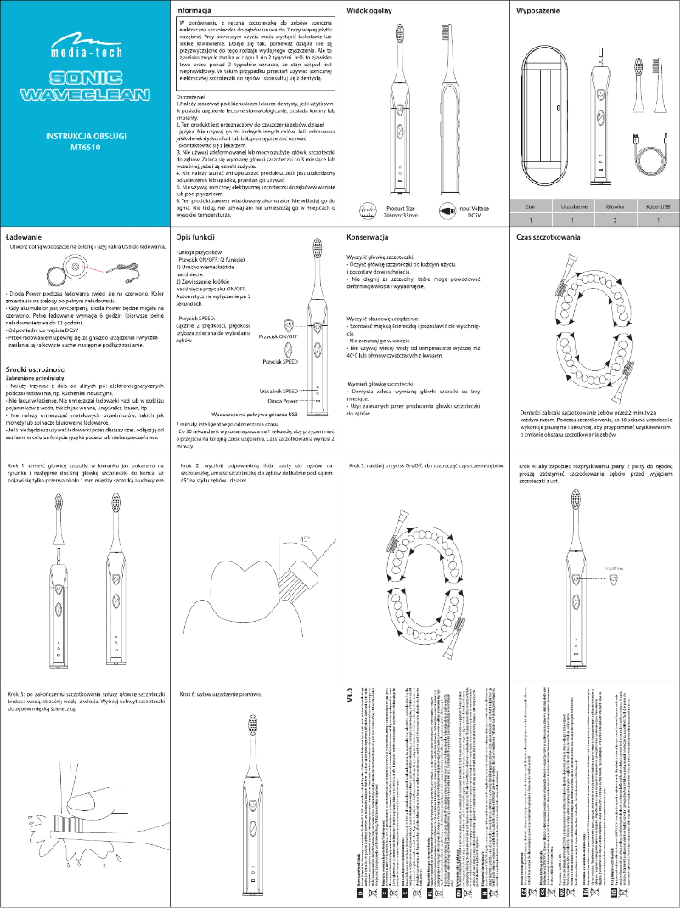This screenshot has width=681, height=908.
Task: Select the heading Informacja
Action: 194,10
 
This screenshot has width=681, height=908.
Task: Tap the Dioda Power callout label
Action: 283,399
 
